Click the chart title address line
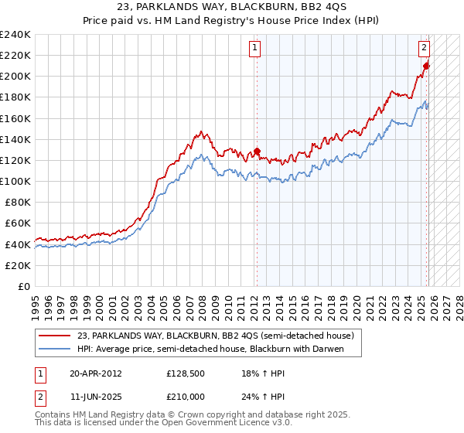(x=231, y=7)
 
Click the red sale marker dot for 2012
(x=257, y=152)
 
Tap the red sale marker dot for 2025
(x=426, y=66)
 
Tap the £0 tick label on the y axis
(x=23, y=286)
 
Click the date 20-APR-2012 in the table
(x=96, y=373)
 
